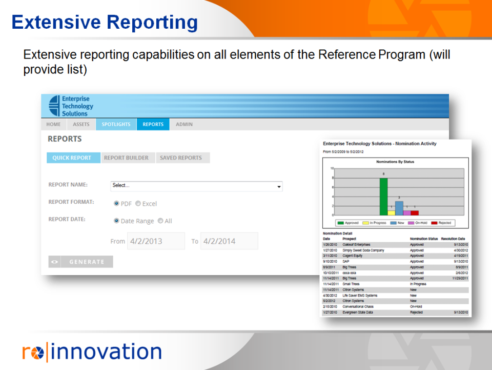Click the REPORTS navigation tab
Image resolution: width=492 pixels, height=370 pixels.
[x=153, y=124]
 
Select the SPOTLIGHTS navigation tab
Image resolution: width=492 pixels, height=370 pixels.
[x=116, y=124]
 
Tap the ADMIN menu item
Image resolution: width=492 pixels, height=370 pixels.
[x=184, y=124]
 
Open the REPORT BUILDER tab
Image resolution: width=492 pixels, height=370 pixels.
[x=126, y=158]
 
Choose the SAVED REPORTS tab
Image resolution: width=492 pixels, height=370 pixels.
[x=181, y=158]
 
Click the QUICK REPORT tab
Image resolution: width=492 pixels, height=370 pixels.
[x=72, y=158]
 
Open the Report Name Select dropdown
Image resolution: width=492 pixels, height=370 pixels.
[x=196, y=186]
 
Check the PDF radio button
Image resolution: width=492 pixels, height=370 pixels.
[x=116, y=204]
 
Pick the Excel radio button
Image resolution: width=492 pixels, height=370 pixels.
[x=138, y=204]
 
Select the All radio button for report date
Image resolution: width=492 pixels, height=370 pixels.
[x=160, y=221]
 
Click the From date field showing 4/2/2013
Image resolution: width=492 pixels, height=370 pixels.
[x=156, y=241]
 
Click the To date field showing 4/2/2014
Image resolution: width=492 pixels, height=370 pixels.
[x=229, y=241]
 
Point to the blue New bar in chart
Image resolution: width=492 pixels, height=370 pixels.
[x=399, y=208]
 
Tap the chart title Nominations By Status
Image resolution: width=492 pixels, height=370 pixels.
[x=395, y=162]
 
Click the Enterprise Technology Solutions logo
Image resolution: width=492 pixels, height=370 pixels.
[x=70, y=106]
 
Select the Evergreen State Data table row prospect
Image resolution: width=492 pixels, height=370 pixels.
[x=358, y=312]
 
